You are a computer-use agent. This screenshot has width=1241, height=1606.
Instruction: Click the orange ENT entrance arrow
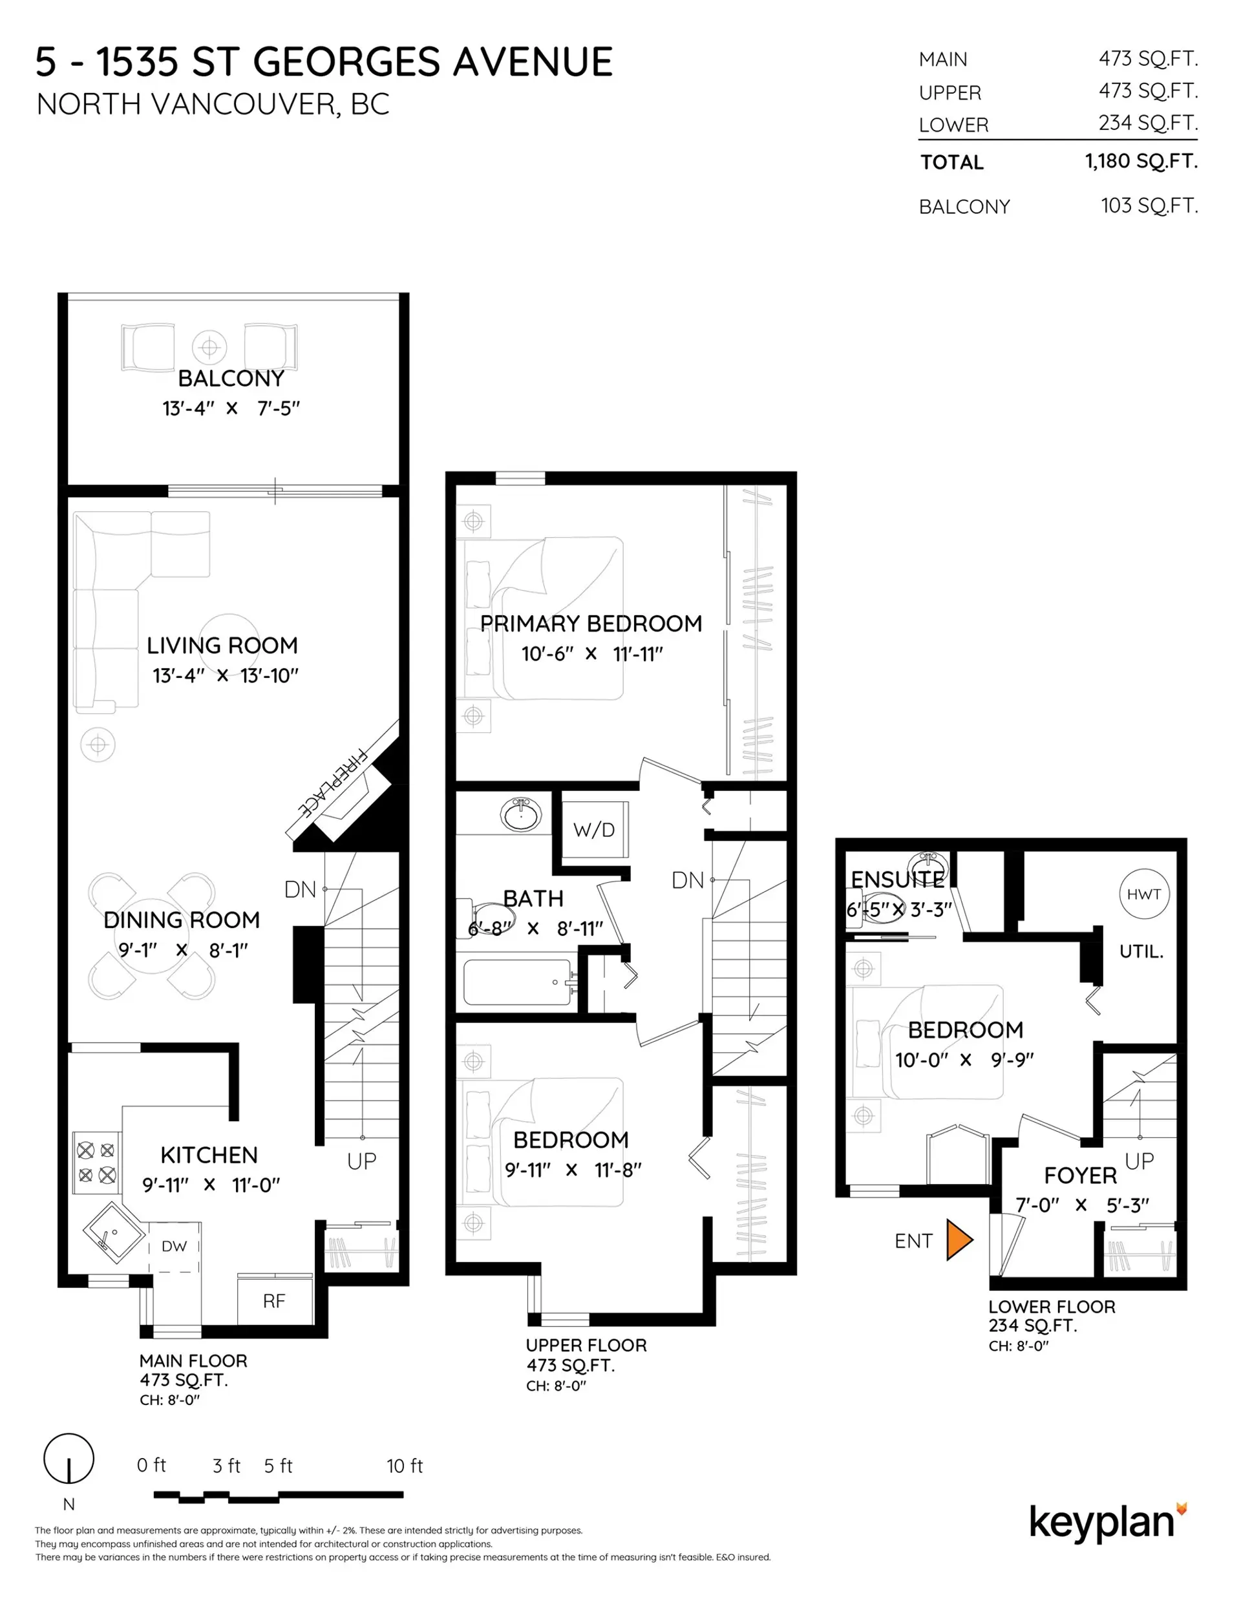(x=959, y=1240)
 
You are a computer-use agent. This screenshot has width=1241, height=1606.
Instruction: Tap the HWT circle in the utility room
(x=1143, y=894)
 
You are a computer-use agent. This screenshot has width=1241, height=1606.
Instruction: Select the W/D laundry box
(x=593, y=829)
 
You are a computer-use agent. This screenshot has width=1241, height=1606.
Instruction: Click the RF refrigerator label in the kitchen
(x=273, y=1301)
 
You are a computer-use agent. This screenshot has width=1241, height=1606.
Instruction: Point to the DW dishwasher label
(x=175, y=1245)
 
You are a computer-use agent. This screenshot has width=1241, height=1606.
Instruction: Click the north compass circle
(x=69, y=1457)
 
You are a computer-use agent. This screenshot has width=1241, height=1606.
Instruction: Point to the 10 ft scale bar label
(x=405, y=1466)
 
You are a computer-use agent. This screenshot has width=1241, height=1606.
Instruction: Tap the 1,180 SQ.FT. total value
(x=1141, y=161)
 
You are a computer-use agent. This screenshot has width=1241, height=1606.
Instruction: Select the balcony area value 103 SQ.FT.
(x=1149, y=206)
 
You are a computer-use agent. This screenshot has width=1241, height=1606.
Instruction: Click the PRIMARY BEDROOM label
(x=591, y=624)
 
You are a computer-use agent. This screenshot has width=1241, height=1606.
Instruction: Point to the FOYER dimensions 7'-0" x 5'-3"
(x=1081, y=1205)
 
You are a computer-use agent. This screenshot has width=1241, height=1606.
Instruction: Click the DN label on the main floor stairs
(x=299, y=890)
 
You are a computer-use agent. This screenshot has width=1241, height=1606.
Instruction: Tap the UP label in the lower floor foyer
(x=1139, y=1161)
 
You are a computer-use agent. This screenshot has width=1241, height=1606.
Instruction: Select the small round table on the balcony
(x=209, y=346)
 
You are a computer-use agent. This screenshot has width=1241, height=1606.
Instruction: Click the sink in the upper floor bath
(x=521, y=815)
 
